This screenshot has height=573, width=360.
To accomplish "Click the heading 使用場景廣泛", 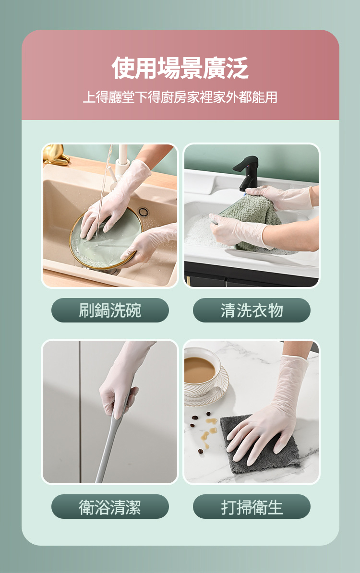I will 180,68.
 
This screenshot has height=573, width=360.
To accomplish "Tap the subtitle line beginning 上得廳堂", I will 180,97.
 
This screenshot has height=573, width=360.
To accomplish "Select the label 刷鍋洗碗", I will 110,310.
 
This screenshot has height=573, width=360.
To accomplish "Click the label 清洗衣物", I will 252,310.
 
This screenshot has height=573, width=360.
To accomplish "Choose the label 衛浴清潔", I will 110,507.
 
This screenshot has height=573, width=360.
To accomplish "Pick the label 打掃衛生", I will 252,507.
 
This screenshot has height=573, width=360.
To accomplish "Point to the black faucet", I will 247,170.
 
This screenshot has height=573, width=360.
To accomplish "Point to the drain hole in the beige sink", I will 143,211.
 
